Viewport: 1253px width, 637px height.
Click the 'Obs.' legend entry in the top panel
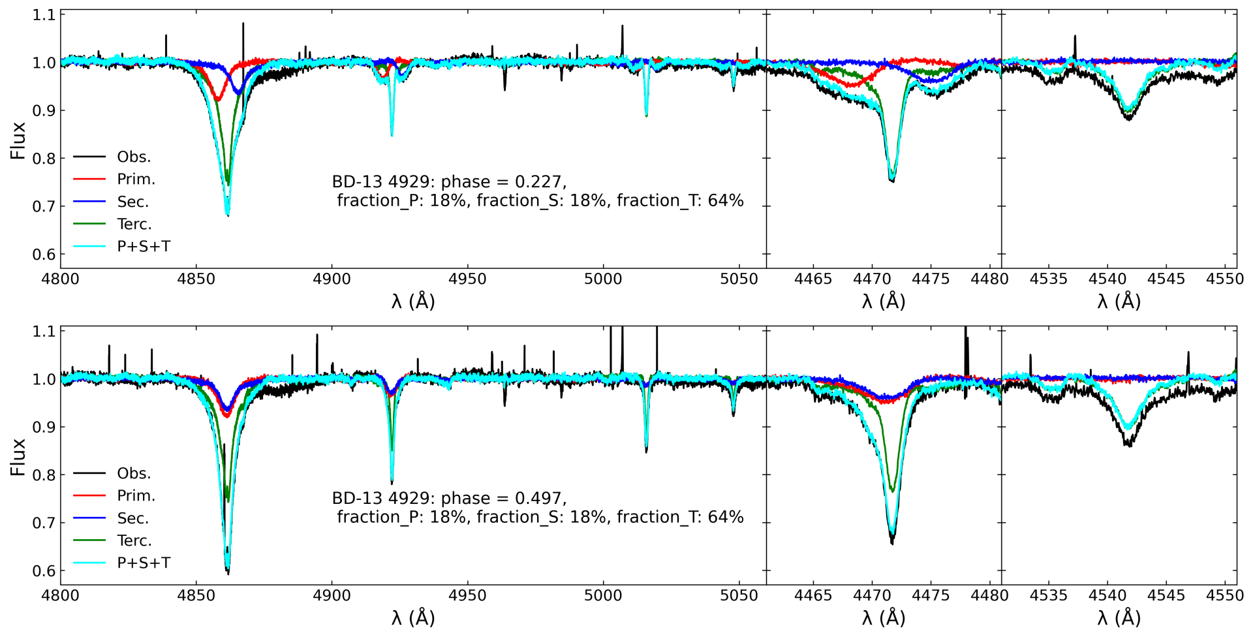(133, 157)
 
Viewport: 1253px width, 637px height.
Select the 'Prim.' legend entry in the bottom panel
(136, 496)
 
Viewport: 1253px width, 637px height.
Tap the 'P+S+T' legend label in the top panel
(144, 247)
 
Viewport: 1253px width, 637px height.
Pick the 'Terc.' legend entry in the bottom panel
(134, 541)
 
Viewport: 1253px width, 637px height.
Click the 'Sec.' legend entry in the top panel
(132, 202)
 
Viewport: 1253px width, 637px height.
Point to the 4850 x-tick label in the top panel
(196, 279)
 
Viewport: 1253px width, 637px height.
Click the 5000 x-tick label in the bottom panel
(603, 596)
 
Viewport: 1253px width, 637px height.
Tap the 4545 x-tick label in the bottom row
(1166, 596)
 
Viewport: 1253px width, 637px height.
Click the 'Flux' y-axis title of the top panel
(18, 140)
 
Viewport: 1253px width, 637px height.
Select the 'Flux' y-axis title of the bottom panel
(18, 457)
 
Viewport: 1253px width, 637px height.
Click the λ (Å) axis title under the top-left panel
(413, 302)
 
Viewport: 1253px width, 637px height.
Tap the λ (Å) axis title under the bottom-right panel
(1119, 618)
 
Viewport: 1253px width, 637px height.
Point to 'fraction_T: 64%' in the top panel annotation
(680, 201)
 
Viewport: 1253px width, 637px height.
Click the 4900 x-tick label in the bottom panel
(332, 596)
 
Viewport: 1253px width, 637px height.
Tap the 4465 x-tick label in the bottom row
(813, 596)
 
